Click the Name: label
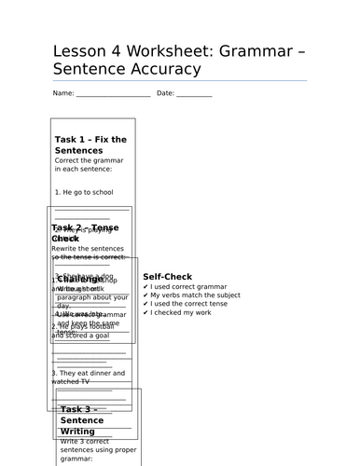coord(63,93)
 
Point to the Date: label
coord(165,93)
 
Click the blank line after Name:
coord(113,94)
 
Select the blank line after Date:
coord(194,94)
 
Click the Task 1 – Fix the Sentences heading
coord(90,144)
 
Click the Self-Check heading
coord(167,277)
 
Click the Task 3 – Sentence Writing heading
coord(83,420)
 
